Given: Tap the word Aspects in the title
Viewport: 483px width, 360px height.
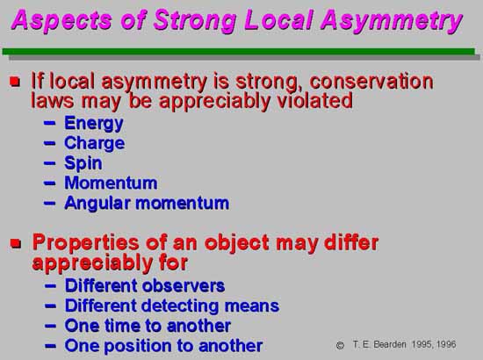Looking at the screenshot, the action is point(61,20).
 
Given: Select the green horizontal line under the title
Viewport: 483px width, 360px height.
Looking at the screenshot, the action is point(239,52).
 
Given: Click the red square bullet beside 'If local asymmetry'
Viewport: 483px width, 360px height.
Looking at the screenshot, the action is point(15,82).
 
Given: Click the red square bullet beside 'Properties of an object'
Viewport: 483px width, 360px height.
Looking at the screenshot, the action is point(16,243).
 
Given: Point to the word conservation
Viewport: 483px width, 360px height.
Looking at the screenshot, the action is point(371,82).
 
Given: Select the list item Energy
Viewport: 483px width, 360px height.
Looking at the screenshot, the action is point(94,124).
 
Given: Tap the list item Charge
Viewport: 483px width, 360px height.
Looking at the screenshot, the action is point(95,143).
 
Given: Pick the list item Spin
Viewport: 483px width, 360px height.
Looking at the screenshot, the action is point(83,163).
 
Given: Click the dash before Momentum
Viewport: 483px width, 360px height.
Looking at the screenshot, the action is point(49,184).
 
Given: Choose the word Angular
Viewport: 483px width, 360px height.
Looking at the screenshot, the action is point(97,204).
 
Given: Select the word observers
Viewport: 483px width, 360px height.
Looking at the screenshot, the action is point(184,285).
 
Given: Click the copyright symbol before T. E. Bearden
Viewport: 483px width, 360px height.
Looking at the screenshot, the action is point(340,345).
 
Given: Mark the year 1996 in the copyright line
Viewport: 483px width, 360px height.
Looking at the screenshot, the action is point(446,344).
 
